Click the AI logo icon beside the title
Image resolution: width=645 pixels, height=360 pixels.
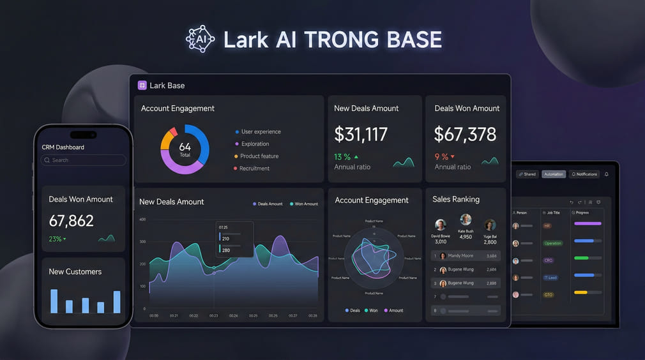coord(201,39)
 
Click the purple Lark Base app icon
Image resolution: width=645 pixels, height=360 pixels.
coord(142,85)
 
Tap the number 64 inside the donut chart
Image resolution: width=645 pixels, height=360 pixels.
coord(185,147)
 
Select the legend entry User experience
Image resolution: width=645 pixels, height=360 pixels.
coord(261,131)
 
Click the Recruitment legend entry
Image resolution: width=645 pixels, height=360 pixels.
coord(254,169)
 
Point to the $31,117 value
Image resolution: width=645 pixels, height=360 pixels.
coord(361,134)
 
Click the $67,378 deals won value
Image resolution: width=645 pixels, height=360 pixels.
coord(465,134)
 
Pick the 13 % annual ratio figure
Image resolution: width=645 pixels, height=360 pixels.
coord(342,156)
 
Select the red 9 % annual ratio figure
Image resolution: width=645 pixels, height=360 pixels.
coord(442,156)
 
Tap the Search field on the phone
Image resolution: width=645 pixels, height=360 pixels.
coord(83,160)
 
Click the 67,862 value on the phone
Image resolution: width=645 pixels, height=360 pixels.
coord(72,221)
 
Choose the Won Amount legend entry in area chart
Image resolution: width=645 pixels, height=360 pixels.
coord(306,204)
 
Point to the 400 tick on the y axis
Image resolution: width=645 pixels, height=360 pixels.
coord(142,220)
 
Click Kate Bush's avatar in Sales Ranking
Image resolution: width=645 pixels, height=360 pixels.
coord(466,220)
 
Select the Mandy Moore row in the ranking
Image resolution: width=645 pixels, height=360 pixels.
coord(465,256)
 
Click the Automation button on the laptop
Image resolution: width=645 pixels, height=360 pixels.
coord(554,174)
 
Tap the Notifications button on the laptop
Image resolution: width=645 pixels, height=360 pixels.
coord(584,174)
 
